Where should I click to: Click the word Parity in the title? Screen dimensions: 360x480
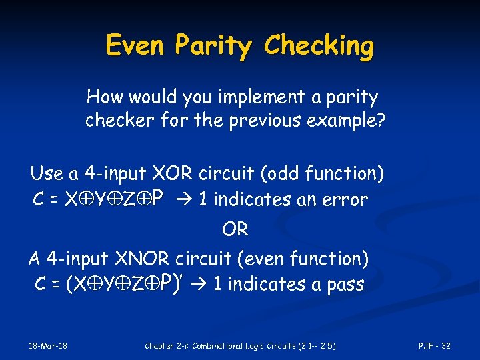[215, 46]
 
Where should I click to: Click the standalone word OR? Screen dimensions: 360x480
[235, 230]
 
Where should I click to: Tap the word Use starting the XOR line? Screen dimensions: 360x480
[47, 175]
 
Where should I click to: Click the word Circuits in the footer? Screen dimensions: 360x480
[282, 345]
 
